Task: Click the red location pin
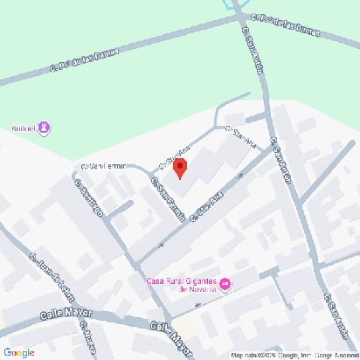[180, 167]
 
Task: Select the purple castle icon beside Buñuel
[45, 128]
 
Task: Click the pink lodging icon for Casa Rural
[225, 283]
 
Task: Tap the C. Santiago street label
[90, 198]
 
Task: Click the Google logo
[18, 352]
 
